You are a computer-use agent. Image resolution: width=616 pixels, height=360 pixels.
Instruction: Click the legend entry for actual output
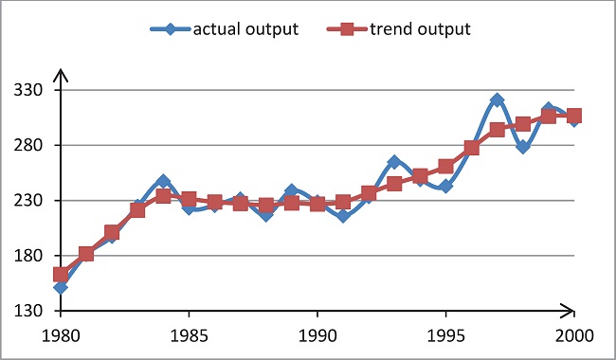pos(226,28)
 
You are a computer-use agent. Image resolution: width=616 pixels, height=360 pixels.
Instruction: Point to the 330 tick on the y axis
pos(35,91)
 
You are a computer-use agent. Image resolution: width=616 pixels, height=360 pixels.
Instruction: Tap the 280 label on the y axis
pos(35,146)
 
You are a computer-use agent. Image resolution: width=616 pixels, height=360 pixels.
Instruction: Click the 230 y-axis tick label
pos(35,201)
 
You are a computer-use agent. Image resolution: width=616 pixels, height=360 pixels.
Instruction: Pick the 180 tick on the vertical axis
pos(35,256)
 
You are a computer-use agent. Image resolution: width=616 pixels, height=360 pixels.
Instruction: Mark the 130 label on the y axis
pos(35,311)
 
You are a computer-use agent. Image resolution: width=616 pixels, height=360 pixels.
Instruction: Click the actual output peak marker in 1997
pos(497,99)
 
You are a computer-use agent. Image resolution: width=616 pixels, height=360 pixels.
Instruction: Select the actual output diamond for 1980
pos(61,287)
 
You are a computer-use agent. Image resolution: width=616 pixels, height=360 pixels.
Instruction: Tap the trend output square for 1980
pos(61,275)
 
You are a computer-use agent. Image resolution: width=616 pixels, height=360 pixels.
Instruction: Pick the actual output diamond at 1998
pos(522,147)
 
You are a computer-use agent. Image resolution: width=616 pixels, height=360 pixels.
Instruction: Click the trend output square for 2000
pos(573,116)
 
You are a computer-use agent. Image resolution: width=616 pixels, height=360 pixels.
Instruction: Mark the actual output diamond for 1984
pos(163,181)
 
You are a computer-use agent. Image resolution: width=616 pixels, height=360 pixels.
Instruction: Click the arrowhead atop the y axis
pos(61,73)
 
